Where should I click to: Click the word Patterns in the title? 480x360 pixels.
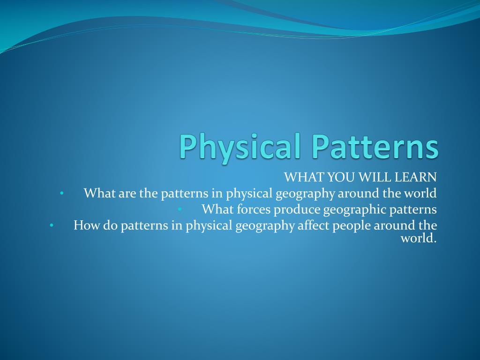click(x=373, y=147)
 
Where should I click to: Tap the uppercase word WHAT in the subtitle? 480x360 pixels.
click(x=300, y=177)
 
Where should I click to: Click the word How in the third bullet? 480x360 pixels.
click(x=84, y=225)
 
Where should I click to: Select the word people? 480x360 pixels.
click(x=352, y=225)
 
